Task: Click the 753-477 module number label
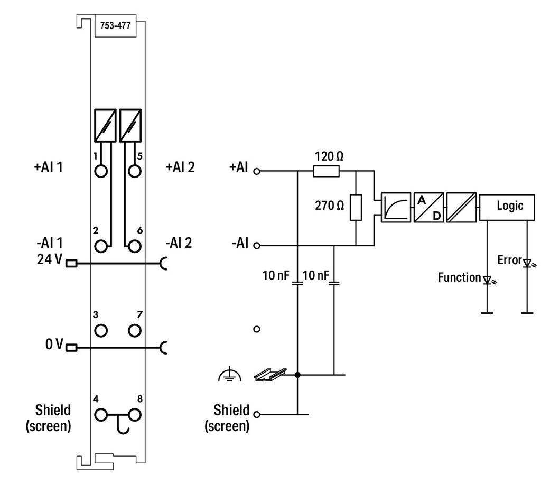(115, 25)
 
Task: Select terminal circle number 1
(101, 171)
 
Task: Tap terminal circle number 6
(134, 246)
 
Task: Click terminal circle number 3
(101, 330)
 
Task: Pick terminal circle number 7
(134, 330)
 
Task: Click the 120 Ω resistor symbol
(326, 171)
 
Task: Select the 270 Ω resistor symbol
(356, 207)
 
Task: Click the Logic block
(507, 207)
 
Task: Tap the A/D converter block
(428, 207)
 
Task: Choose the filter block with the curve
(396, 207)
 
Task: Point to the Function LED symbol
(488, 280)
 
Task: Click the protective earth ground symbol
(229, 375)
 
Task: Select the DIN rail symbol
(270, 375)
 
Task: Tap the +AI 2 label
(180, 167)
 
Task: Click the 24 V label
(50, 259)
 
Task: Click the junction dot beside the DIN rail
(297, 375)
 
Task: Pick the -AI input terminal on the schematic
(256, 246)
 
